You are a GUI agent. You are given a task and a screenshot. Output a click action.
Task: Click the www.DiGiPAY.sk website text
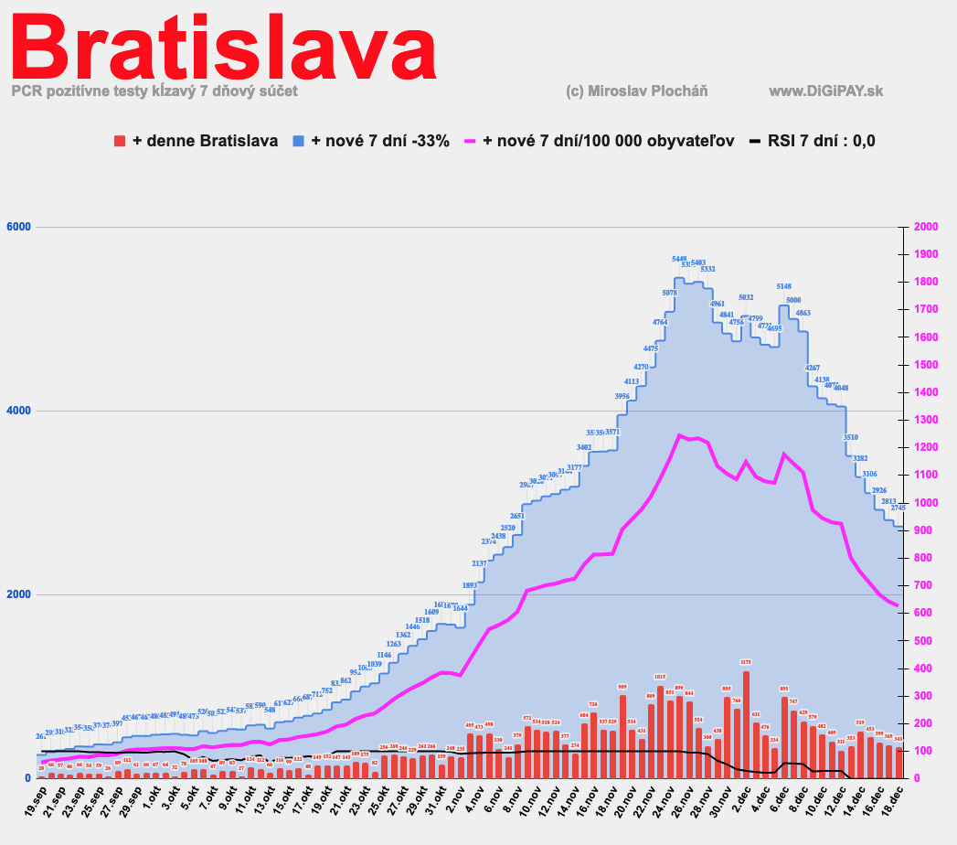(x=825, y=91)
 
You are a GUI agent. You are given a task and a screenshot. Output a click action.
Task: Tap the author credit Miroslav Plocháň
(x=637, y=91)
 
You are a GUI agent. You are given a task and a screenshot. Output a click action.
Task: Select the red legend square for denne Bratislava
(x=120, y=141)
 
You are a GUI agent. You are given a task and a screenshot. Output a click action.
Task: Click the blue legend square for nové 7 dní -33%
(x=299, y=141)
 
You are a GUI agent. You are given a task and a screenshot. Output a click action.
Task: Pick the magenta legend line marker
(x=472, y=141)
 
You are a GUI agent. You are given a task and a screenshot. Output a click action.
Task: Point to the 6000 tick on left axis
(x=18, y=228)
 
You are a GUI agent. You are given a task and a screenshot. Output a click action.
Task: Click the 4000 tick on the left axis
(x=18, y=411)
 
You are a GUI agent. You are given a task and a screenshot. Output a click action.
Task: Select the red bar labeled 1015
(x=660, y=732)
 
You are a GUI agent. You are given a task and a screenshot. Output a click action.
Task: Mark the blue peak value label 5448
(x=679, y=259)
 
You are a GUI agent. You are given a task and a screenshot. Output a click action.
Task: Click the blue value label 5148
(x=784, y=286)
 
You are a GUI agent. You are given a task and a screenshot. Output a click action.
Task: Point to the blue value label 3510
(x=850, y=437)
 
